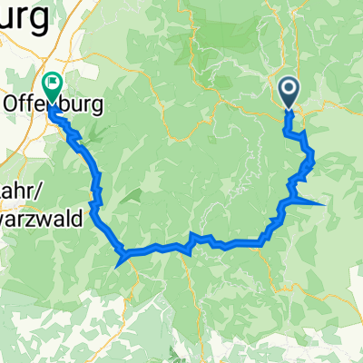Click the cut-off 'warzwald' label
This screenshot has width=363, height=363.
pos(41,218)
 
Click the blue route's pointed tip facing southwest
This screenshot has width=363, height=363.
pos(118,267)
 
